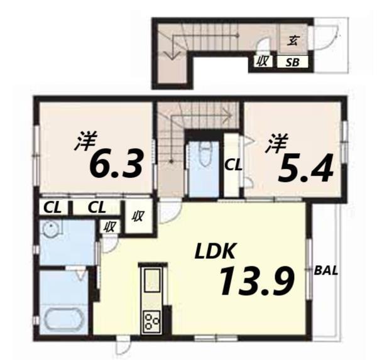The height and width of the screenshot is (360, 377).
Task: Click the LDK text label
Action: click(x=214, y=252)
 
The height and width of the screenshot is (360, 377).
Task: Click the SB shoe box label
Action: click(x=293, y=62)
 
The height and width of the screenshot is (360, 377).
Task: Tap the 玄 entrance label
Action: click(x=293, y=41)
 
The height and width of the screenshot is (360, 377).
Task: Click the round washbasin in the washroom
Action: click(x=49, y=231)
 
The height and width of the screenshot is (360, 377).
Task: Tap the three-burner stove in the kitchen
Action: click(x=152, y=322)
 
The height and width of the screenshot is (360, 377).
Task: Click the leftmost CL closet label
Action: click(x=53, y=207)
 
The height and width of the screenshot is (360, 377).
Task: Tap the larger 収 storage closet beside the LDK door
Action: click(x=138, y=215)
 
